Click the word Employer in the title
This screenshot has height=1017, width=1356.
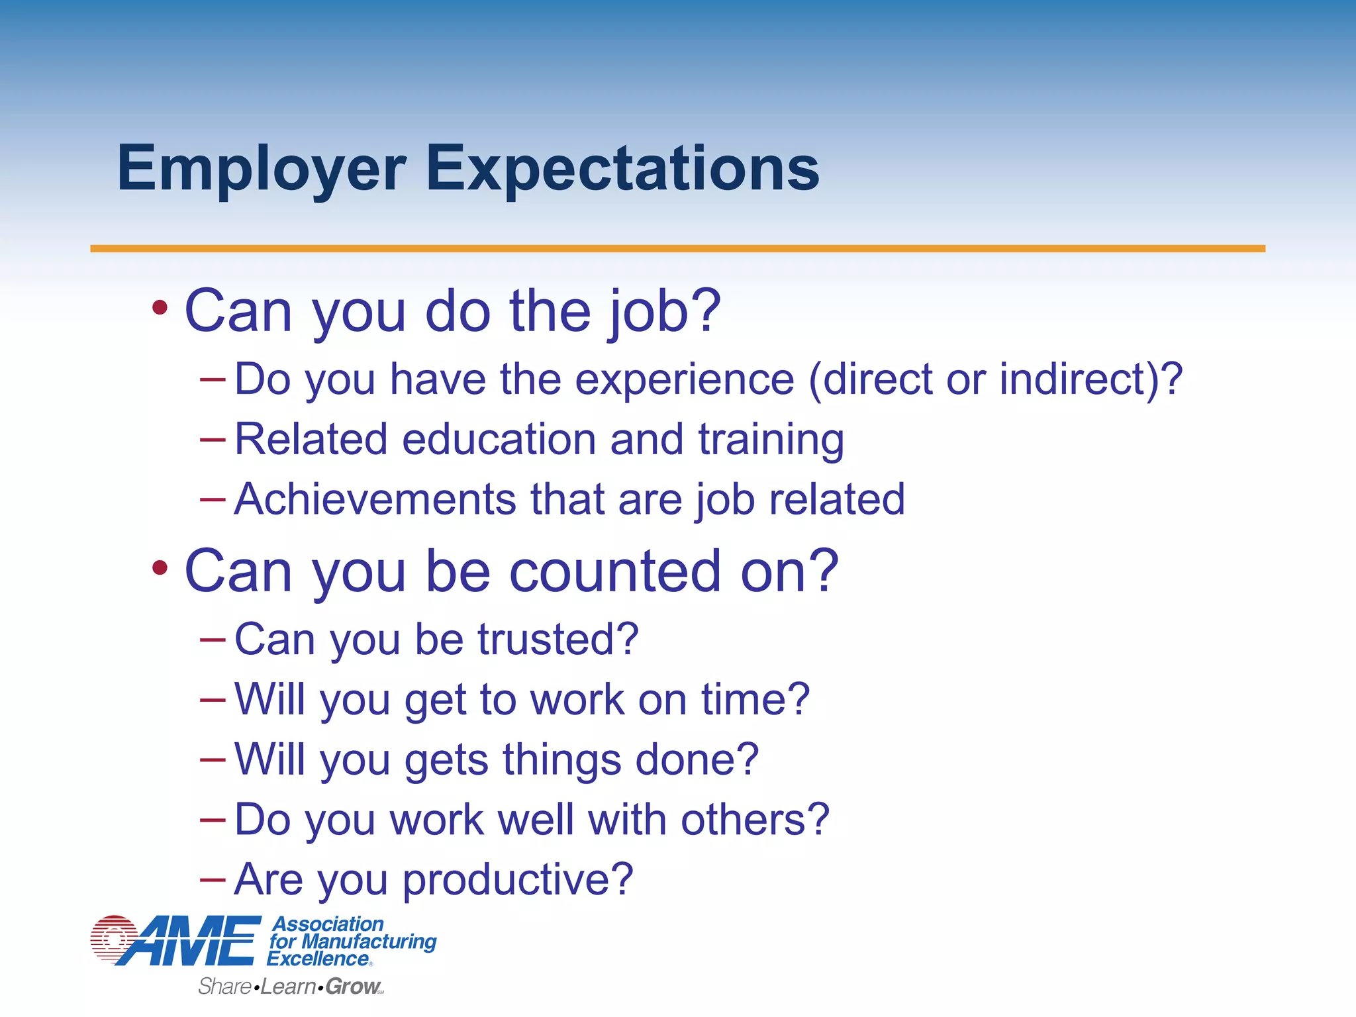[261, 169]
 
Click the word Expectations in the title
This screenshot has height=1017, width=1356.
[622, 169]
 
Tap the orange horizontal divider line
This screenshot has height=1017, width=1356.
[677, 249]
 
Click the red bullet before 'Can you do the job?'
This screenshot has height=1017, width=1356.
[160, 307]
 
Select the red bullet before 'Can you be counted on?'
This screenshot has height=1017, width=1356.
[160, 567]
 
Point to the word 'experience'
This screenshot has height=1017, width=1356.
[684, 379]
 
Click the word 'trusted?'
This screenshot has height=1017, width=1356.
[557, 640]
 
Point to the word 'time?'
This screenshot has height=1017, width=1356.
[755, 699]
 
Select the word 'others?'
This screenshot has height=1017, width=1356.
[755, 820]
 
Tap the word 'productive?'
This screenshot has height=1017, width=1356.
[518, 881]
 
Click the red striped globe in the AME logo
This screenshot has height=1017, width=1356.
[114, 938]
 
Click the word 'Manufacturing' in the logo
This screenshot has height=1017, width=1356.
[369, 941]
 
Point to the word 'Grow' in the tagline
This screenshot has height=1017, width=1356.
[352, 987]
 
